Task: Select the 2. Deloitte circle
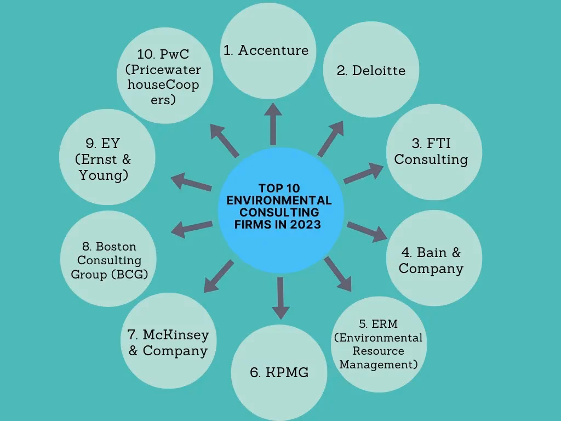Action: [371, 70]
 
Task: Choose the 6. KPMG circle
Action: [279, 373]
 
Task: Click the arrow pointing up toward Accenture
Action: [272, 123]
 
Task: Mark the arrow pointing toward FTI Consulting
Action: [364, 172]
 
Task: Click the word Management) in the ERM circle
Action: [379, 364]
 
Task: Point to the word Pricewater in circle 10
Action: [163, 70]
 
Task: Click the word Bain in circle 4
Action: [432, 252]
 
